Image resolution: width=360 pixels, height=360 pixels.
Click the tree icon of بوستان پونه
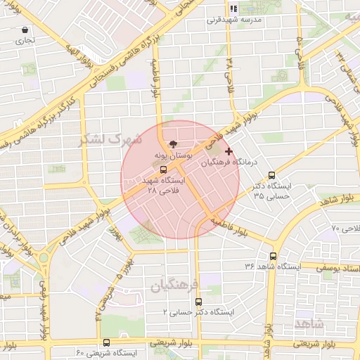click(x=164, y=143)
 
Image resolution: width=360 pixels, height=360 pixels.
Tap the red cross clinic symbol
click(x=228, y=150)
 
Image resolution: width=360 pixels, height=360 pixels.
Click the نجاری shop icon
click(x=26, y=30)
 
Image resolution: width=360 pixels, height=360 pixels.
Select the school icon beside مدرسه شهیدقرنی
click(x=234, y=9)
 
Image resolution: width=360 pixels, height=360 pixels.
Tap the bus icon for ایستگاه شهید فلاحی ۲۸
click(x=163, y=169)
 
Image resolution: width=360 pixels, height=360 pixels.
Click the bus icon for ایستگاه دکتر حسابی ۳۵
click(x=272, y=176)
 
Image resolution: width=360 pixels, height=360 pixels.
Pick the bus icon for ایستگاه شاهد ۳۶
click(x=273, y=256)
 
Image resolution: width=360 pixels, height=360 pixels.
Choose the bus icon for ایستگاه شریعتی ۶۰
click(x=106, y=342)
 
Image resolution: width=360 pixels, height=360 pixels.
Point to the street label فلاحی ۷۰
click(x=345, y=228)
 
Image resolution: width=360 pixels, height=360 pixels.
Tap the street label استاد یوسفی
click(x=337, y=268)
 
